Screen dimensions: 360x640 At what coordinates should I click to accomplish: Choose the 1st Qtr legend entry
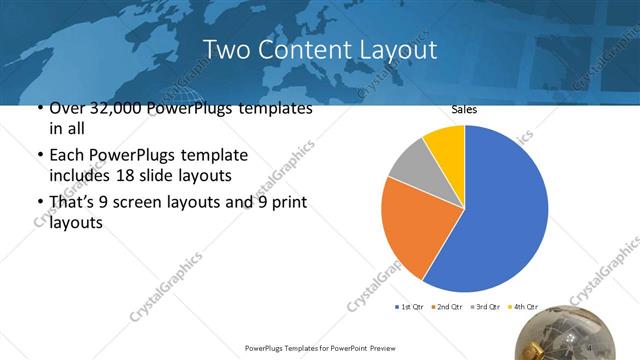point(411,306)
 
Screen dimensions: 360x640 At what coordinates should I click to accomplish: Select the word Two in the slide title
point(227,49)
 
